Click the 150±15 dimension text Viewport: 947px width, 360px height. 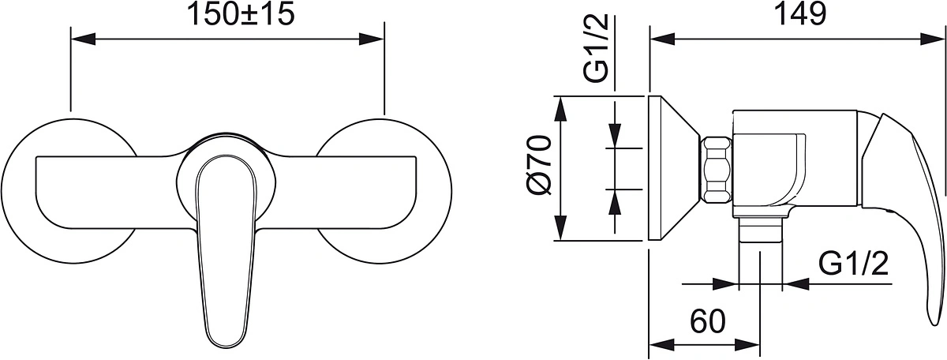pos(241,15)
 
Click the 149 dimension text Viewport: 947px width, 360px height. pos(799,15)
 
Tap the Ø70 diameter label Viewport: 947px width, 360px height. pos(541,165)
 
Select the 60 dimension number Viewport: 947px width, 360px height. pos(708,321)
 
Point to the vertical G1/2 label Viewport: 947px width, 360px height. pos(596,48)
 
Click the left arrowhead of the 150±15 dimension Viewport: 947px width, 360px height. pos(84,39)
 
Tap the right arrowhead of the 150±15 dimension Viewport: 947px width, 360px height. pos(371,39)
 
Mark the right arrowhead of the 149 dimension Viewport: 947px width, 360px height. pos(932,39)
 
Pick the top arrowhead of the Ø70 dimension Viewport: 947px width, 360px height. pos(560,110)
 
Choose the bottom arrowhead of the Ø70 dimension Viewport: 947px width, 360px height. pos(560,228)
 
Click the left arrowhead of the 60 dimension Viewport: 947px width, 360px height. pos(662,345)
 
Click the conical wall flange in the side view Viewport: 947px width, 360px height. pos(672,168)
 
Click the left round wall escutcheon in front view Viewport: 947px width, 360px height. pos(69,191)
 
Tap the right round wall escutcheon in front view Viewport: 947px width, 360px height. pos(383,191)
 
